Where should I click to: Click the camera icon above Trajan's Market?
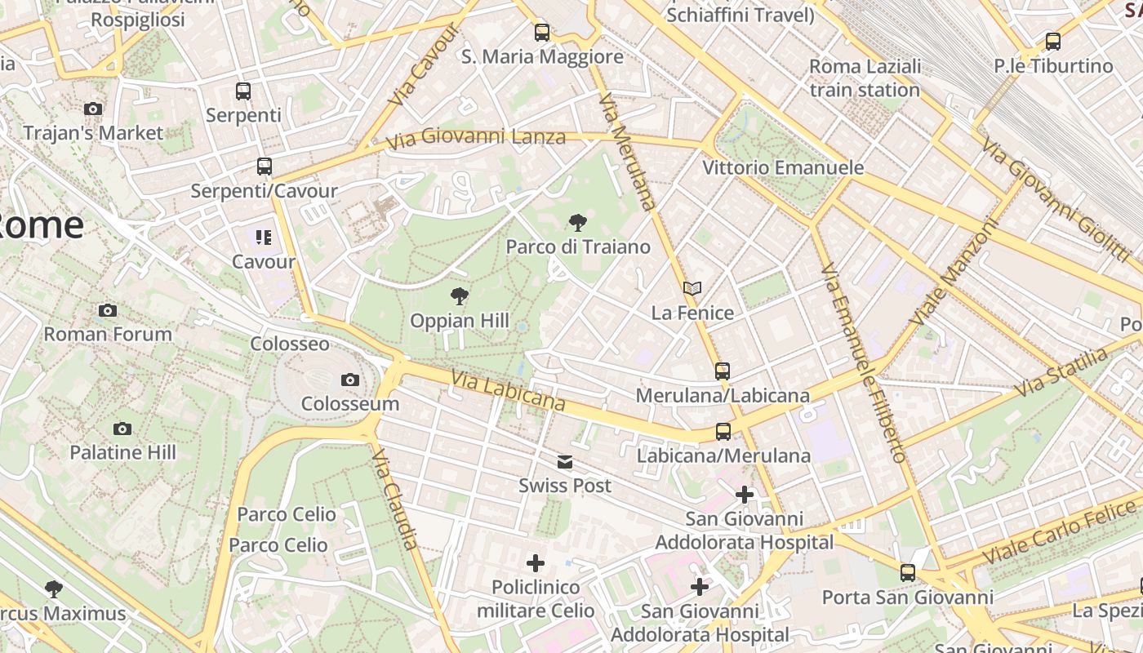click(93, 109)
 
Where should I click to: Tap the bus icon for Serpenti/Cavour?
click(264, 167)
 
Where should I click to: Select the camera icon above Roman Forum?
click(107, 310)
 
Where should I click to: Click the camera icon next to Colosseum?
click(349, 380)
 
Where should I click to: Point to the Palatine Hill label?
click(122, 452)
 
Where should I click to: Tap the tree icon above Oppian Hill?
click(460, 296)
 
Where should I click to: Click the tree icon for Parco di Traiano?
click(578, 222)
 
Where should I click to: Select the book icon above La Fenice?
click(692, 288)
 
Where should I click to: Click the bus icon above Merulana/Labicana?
click(723, 371)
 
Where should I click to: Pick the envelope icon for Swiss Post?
click(564, 462)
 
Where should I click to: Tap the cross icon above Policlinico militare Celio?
click(536, 563)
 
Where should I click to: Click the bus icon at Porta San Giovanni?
click(907, 573)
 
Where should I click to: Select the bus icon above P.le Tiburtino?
click(1053, 42)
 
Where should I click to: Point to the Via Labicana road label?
click(508, 390)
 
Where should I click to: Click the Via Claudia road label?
click(396, 499)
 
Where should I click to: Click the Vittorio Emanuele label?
click(783, 167)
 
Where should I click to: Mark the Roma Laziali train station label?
click(865, 78)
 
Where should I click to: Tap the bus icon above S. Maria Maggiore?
click(542, 33)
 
